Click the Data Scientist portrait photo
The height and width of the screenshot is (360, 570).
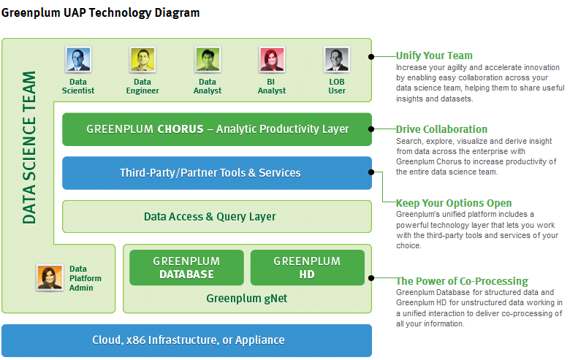point(78,60)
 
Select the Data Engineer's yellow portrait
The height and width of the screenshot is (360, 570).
point(142,60)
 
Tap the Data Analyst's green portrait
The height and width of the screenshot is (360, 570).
point(208,60)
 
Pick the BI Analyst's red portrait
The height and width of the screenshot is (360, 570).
point(272,60)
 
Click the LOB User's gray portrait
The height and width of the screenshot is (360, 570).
point(337,60)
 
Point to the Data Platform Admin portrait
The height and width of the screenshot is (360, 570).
point(50,277)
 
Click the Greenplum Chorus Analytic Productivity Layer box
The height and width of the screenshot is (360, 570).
point(217,129)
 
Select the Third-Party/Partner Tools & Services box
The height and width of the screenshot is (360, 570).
point(217,173)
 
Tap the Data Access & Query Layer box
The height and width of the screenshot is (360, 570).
point(217,216)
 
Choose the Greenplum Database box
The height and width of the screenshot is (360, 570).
point(186,267)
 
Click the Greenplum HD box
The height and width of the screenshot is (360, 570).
point(307,267)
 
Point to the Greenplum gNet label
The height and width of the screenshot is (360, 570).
point(246,299)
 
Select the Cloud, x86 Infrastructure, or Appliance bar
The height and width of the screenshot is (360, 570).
point(187,340)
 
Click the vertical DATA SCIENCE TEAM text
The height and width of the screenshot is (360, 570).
point(29,148)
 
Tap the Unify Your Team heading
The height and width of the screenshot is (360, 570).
point(434,55)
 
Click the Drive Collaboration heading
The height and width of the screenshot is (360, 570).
point(441,129)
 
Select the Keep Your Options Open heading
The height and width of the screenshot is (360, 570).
point(454,203)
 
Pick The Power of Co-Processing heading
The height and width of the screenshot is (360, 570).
point(462,281)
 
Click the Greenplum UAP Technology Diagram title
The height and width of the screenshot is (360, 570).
point(100,13)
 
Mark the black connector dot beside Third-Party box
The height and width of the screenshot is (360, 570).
point(371,172)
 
